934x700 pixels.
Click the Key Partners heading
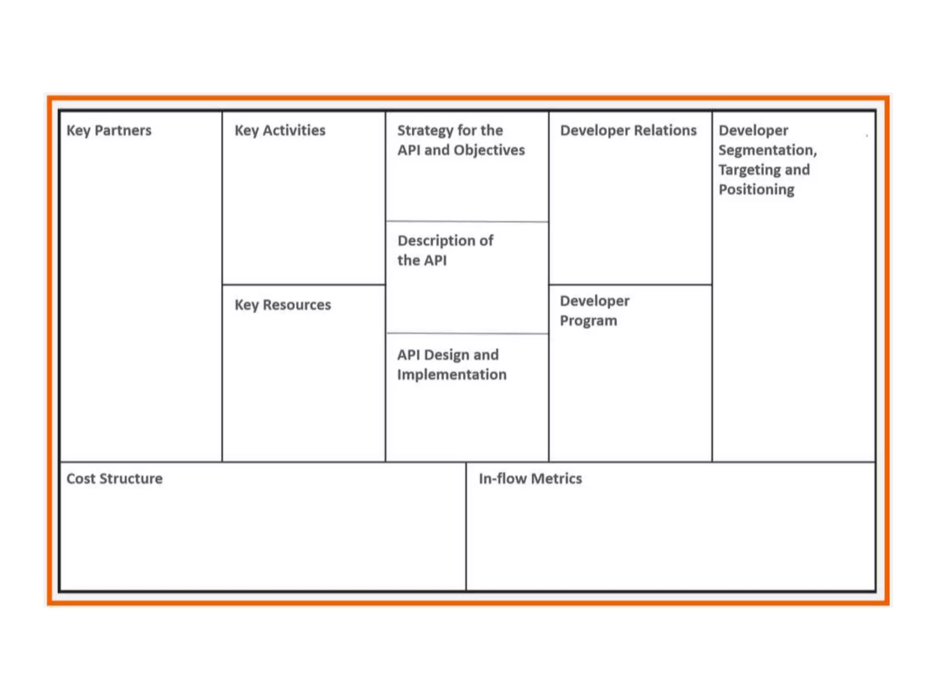tap(109, 131)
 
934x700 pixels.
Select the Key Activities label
tap(280, 131)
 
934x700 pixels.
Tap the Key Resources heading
tap(282, 305)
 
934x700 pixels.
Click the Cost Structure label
tap(114, 479)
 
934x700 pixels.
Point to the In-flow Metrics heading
tap(530, 479)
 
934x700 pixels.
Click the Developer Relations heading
tap(628, 131)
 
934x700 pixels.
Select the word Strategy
tap(425, 131)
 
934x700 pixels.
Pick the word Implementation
tap(451, 375)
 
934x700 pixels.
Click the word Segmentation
tap(768, 150)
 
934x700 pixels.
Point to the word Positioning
tap(756, 190)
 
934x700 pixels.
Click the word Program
tap(588, 321)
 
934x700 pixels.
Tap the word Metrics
tap(556, 479)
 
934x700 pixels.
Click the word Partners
tap(123, 131)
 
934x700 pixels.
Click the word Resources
tap(296, 305)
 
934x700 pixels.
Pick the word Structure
tap(131, 479)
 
